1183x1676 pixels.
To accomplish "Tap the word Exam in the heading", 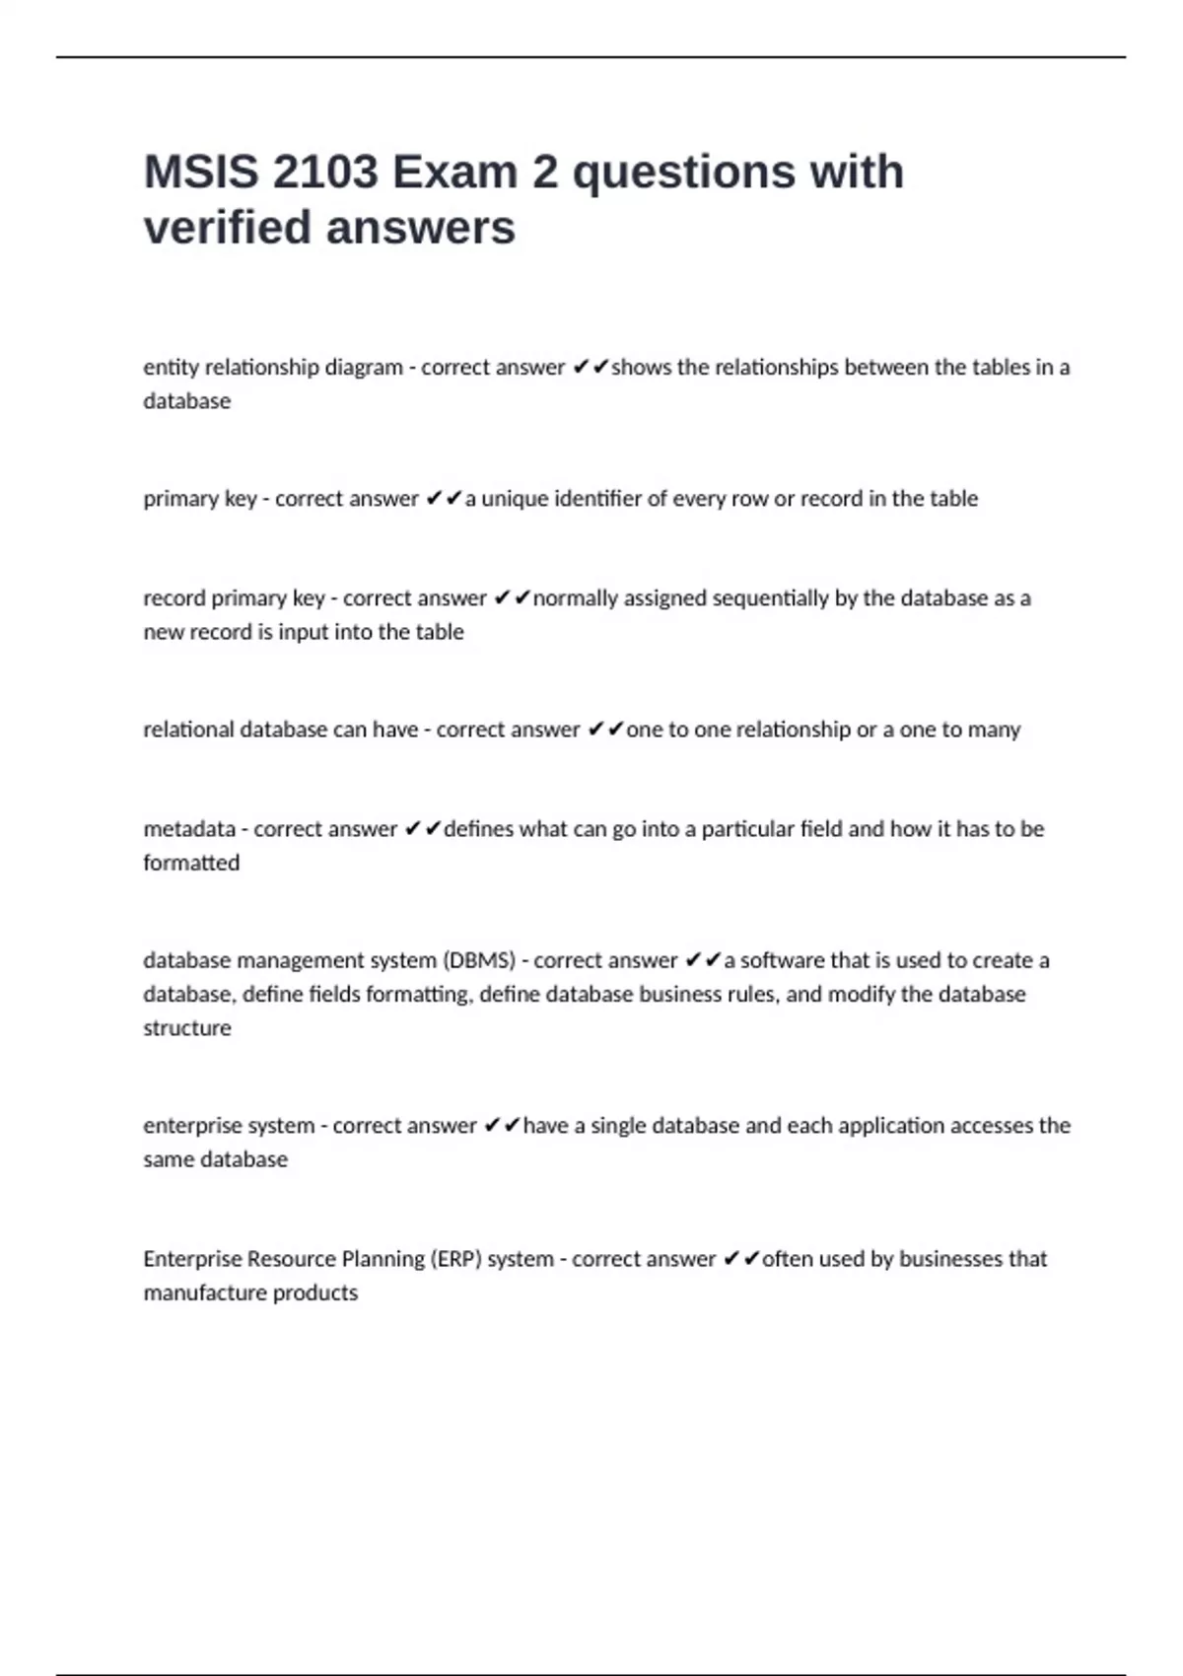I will tap(454, 173).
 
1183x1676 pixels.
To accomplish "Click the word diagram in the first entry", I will tap(364, 368).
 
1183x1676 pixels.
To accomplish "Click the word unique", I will tap(515, 499).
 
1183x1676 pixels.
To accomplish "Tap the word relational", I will tap(188, 730).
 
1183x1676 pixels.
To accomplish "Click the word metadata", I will tap(189, 829).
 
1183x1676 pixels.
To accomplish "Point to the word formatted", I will tap(191, 863).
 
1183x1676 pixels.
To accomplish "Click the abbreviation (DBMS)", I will tap(479, 960).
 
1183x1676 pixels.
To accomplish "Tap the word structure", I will tap(187, 1027).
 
